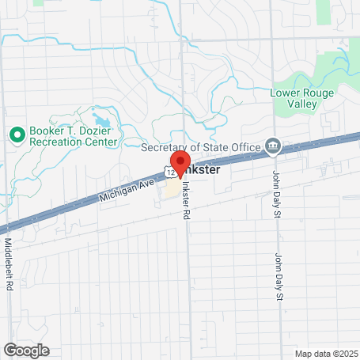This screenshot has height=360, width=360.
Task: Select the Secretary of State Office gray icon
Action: [x=273, y=145]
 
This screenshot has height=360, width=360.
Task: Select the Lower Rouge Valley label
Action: [x=303, y=97]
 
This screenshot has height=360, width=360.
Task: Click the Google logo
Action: [x=26, y=350]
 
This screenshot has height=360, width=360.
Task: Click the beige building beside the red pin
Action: [x=172, y=190]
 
